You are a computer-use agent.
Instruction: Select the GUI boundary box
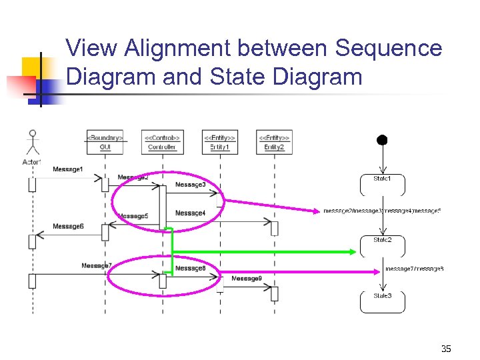click(x=105, y=142)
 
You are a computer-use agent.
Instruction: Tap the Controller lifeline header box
click(x=163, y=142)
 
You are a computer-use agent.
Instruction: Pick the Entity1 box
click(x=219, y=142)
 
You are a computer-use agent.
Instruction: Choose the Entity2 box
click(x=274, y=142)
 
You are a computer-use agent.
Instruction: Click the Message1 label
click(x=68, y=169)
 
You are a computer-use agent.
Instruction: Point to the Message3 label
click(x=191, y=184)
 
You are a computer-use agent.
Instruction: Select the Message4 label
click(x=191, y=213)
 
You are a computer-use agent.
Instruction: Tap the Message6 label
click(x=68, y=227)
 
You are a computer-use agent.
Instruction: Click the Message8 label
click(x=191, y=269)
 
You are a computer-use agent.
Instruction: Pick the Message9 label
click(x=247, y=279)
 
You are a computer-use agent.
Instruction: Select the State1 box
click(x=382, y=184)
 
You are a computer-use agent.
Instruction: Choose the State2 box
click(x=382, y=245)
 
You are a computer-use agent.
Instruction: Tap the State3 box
click(x=382, y=301)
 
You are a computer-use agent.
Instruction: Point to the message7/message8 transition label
click(x=414, y=269)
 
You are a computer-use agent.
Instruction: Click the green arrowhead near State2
click(x=354, y=251)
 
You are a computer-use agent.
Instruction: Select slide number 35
click(x=446, y=349)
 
